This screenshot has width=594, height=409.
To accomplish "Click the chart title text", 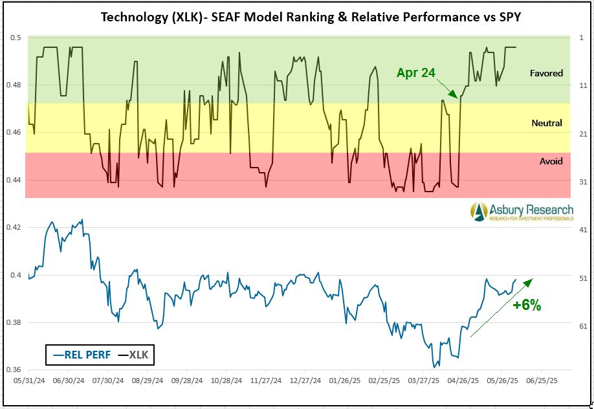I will coord(311,17).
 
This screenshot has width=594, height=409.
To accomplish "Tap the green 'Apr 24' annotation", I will coord(415,72).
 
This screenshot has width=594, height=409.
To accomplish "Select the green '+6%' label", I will coord(526,305).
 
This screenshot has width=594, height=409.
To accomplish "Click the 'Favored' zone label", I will coord(546,73).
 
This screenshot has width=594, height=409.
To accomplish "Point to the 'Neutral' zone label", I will coord(546,123).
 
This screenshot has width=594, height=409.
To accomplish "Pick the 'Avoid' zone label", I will coord(551,161).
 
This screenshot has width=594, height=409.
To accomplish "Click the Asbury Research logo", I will coord(521,212).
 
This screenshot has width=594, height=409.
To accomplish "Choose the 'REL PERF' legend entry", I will coord(82,354).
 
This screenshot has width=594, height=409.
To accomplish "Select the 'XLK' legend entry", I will coord(135,354).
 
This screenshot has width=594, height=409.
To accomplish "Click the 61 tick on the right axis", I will coord(583,326).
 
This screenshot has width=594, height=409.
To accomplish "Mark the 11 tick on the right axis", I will coord(583,85).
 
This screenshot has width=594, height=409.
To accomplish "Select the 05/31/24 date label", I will coord(28,381).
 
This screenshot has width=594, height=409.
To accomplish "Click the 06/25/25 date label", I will coord(542,381).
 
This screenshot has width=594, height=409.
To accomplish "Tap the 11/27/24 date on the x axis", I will coord(265,381).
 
